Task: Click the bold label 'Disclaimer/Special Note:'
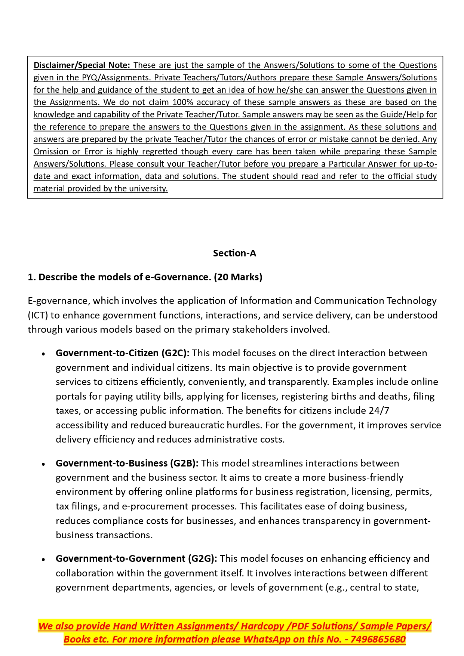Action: (x=82, y=65)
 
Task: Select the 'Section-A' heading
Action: (x=234, y=253)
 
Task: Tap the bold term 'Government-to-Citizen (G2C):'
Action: (x=123, y=353)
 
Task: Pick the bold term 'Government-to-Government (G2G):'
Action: (x=136, y=558)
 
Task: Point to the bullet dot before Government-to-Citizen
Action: (x=44, y=354)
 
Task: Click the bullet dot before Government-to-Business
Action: (x=44, y=464)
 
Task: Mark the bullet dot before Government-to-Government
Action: (x=44, y=559)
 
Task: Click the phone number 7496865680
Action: (x=378, y=639)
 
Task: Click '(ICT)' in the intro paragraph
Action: (x=38, y=315)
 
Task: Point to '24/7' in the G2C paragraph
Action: (x=379, y=410)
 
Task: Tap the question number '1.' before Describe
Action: (x=32, y=277)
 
